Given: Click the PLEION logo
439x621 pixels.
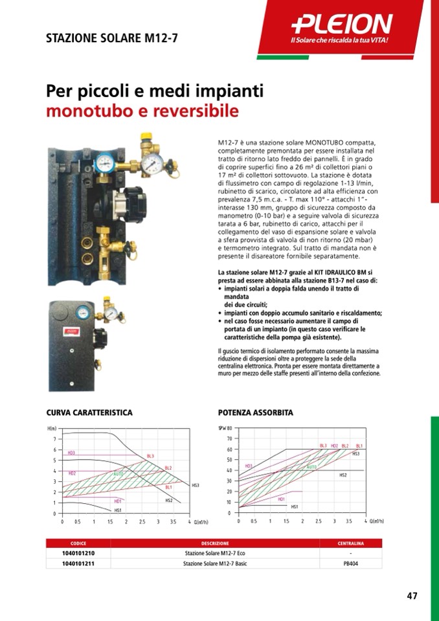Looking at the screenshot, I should click(342, 25).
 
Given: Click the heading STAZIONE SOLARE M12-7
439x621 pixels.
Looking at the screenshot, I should click(112, 38).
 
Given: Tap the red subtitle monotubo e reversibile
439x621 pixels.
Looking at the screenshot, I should click(142, 111).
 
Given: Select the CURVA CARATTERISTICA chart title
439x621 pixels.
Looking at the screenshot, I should click(89, 412).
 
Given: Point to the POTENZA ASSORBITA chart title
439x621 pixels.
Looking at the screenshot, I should click(256, 412).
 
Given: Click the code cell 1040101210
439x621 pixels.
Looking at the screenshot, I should click(78, 554).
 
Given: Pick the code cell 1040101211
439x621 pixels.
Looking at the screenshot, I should click(78, 564).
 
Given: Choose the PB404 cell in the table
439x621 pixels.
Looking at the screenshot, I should click(350, 564).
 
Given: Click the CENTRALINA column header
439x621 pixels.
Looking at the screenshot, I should click(350, 543).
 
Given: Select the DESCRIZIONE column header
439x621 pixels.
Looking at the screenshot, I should click(215, 543).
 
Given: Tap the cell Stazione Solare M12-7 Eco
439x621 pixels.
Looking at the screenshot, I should click(215, 554).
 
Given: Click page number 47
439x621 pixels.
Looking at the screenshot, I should click(412, 596).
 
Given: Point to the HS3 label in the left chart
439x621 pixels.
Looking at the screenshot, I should click(195, 485).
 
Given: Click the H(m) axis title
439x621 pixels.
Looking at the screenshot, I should click(52, 429).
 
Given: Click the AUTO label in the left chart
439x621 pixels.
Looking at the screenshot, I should click(118, 474).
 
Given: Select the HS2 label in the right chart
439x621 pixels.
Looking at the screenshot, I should click(343, 475).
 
